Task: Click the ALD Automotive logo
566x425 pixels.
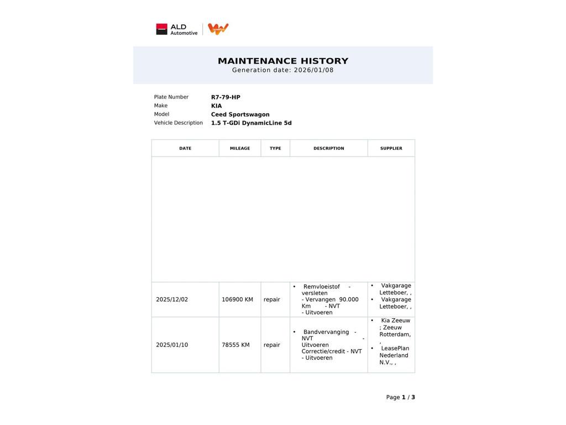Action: pyautogui.click(x=176, y=29)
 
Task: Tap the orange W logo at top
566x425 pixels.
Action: pyautogui.click(x=218, y=29)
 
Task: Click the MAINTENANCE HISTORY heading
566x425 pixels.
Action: pyautogui.click(x=283, y=61)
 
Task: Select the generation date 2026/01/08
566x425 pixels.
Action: pyautogui.click(x=313, y=70)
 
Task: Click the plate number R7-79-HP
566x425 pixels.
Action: pyautogui.click(x=226, y=97)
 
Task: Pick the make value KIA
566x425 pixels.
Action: pyautogui.click(x=216, y=106)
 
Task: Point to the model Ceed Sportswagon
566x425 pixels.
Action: pyautogui.click(x=240, y=115)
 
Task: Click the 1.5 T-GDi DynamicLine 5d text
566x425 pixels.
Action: pyautogui.click(x=251, y=123)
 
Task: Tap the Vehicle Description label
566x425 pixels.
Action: pyautogui.click(x=178, y=123)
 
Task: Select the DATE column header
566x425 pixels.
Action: pyautogui.click(x=185, y=148)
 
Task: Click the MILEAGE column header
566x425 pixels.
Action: pyautogui.click(x=240, y=148)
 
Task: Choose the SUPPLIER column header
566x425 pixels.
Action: pyautogui.click(x=391, y=148)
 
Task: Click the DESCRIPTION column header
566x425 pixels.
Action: pyautogui.click(x=328, y=148)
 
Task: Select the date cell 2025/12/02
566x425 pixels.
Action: pyautogui.click(x=172, y=299)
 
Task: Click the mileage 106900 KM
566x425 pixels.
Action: pyautogui.click(x=237, y=299)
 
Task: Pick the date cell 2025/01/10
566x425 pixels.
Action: pyautogui.click(x=172, y=345)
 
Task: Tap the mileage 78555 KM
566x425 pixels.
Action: pyautogui.click(x=235, y=345)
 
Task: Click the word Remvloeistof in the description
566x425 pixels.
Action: pyautogui.click(x=321, y=287)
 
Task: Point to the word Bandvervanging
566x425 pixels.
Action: pyautogui.click(x=326, y=332)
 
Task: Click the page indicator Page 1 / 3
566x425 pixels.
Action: pyautogui.click(x=400, y=397)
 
